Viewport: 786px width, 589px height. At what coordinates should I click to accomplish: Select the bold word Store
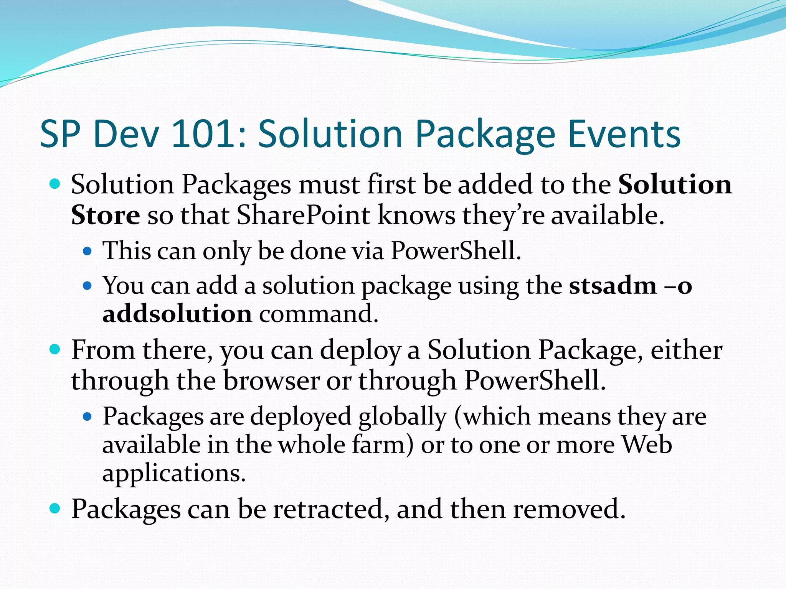click(x=106, y=215)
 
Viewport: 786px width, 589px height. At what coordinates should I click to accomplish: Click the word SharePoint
click(x=303, y=215)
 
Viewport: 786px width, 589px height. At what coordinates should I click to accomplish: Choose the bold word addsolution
click(x=177, y=314)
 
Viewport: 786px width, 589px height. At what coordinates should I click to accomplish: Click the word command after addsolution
click(x=319, y=314)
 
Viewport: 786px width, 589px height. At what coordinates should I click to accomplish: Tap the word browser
click(x=271, y=381)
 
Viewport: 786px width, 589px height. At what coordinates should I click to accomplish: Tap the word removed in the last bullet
click(x=569, y=509)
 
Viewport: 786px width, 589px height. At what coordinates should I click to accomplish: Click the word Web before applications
click(x=647, y=445)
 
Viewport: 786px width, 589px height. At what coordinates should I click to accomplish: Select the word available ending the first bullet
click(x=608, y=215)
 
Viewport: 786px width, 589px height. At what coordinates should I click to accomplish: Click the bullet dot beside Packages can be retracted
click(x=55, y=509)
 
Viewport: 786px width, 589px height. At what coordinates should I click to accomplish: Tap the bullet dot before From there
click(x=55, y=350)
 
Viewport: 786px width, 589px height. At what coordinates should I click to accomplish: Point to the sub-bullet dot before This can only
click(x=88, y=252)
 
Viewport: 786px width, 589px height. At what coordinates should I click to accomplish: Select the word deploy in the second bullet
click(x=360, y=351)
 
